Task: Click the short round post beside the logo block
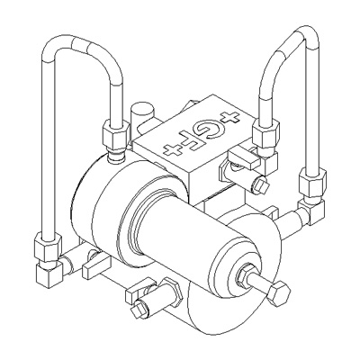[140, 114]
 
